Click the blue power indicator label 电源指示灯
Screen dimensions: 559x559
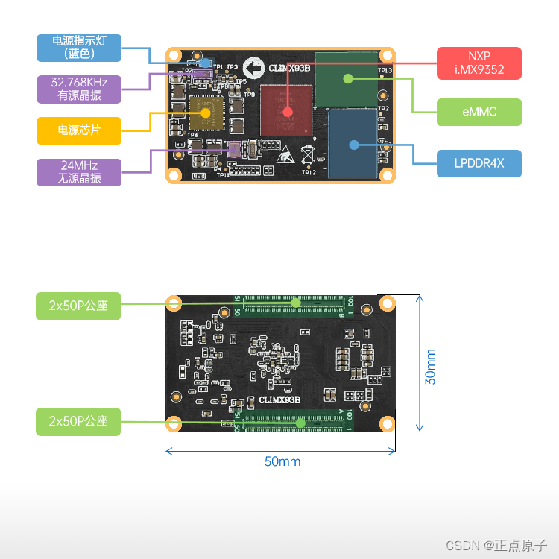tap(78, 47)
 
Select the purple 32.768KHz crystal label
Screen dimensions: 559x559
tap(78, 89)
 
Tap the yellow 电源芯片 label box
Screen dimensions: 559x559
tap(78, 130)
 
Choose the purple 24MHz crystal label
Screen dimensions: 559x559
tap(78, 172)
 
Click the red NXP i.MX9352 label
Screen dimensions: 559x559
tap(479, 63)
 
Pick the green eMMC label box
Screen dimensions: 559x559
tap(479, 112)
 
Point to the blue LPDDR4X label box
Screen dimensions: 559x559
tap(479, 163)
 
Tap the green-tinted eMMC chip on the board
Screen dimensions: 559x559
tap(347, 78)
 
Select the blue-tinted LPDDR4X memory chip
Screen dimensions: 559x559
tap(354, 145)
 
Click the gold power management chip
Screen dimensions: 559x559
tap(206, 113)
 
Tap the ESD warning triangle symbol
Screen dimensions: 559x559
tap(287, 157)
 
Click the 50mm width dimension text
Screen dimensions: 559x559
tap(282, 461)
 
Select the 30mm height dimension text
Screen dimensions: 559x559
tap(431, 367)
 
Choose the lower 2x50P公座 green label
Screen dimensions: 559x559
tap(78, 421)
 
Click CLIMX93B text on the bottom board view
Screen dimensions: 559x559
tap(279, 400)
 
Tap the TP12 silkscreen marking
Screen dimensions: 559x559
tap(309, 172)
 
